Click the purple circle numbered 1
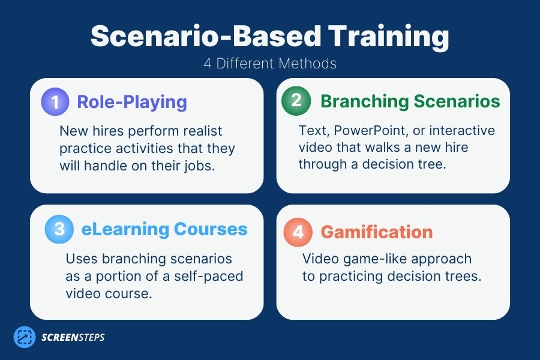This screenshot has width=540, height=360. pos(56,101)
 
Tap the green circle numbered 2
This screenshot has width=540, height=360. pos(296,101)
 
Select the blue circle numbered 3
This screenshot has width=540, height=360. pos(59,229)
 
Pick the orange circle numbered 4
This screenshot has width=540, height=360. pos(298,232)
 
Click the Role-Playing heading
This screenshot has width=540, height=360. pos(132,101)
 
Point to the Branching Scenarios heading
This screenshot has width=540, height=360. pos(410,101)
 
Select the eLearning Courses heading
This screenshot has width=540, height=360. pos(164,229)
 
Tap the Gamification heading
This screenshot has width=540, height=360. pos(376,232)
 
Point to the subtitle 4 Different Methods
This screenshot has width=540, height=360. pos(269,64)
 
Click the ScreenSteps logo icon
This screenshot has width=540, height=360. pos(25,337)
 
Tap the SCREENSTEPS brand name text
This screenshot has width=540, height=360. pos(73,337)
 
